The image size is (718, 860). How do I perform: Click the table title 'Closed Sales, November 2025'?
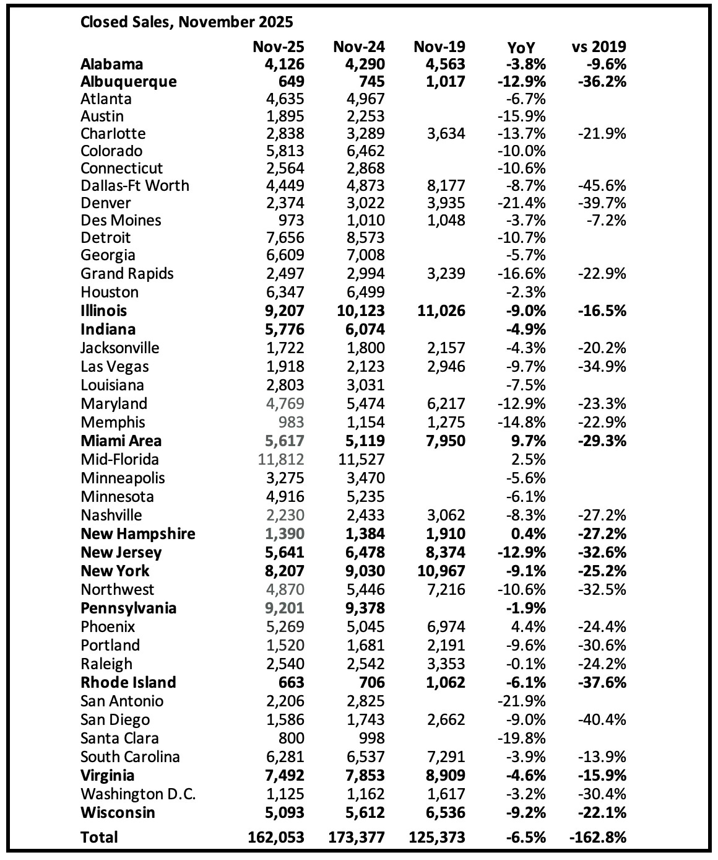point(186,22)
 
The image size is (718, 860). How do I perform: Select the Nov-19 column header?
point(439,46)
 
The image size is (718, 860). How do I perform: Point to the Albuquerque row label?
point(128,82)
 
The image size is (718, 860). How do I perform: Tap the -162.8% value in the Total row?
point(597,837)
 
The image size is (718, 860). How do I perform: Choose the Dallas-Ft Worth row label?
point(134,186)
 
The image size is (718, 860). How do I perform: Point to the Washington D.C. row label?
point(138,794)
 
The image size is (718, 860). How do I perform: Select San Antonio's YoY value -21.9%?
point(521,701)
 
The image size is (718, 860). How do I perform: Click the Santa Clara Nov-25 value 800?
point(291,738)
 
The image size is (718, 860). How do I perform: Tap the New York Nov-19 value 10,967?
point(439,571)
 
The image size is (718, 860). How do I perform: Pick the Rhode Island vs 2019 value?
point(601,682)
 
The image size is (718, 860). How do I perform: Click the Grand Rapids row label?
point(127,274)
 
